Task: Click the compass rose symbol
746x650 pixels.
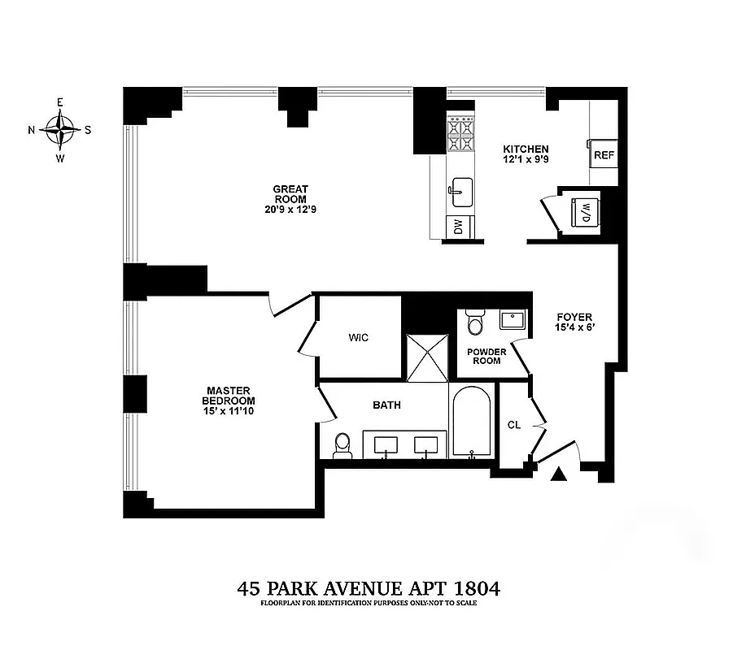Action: pyautogui.click(x=59, y=129)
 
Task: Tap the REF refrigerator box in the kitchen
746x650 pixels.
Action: pyautogui.click(x=603, y=154)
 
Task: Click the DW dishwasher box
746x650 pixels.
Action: pyautogui.click(x=457, y=228)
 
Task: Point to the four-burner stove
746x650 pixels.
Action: pyautogui.click(x=460, y=134)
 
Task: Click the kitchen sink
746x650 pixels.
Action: pyautogui.click(x=460, y=192)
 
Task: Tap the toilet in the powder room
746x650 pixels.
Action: pyautogui.click(x=474, y=323)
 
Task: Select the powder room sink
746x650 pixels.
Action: pyautogui.click(x=513, y=318)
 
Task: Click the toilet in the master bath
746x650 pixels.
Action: pyautogui.click(x=342, y=445)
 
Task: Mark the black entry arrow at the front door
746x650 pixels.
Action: pyautogui.click(x=558, y=475)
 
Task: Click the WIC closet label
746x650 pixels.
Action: pyautogui.click(x=359, y=337)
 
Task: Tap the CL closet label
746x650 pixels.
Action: pyautogui.click(x=513, y=424)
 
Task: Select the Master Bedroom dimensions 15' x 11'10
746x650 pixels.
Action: pyautogui.click(x=230, y=412)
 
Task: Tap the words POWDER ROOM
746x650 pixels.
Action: pyautogui.click(x=486, y=356)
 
